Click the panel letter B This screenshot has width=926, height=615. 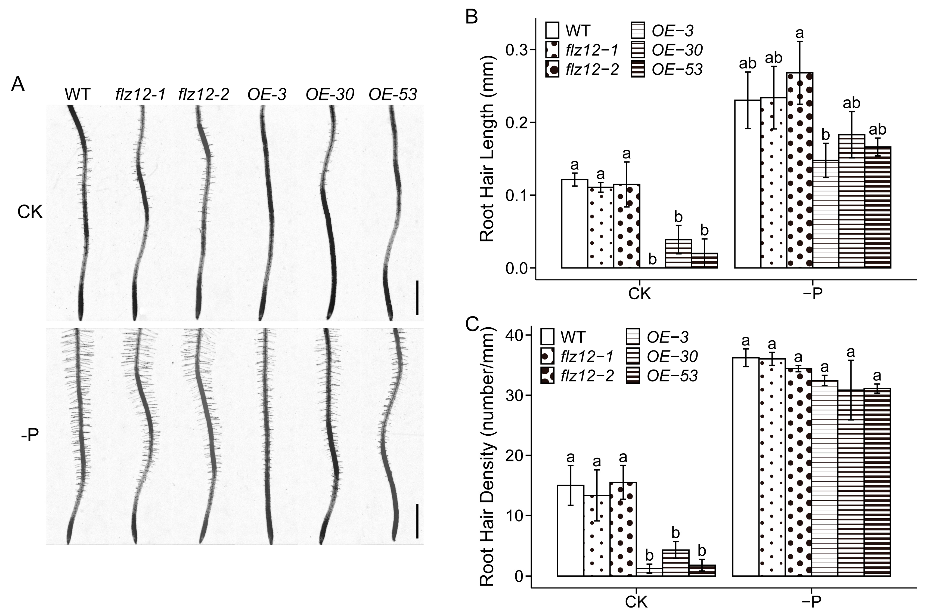point(471,16)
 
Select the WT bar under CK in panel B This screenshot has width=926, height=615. point(574,223)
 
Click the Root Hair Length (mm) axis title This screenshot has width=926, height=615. point(487,149)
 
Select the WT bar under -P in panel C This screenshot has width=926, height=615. point(746,467)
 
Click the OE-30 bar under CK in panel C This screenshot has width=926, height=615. point(676,563)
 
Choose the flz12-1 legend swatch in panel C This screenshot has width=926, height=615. point(547,356)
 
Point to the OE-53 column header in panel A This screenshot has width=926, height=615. point(393,95)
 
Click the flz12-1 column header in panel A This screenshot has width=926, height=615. point(140,95)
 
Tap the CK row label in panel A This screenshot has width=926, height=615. point(30,212)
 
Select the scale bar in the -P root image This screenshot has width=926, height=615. point(417,521)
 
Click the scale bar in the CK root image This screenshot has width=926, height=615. point(417,297)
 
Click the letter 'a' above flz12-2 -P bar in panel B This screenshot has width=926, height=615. point(799,33)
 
